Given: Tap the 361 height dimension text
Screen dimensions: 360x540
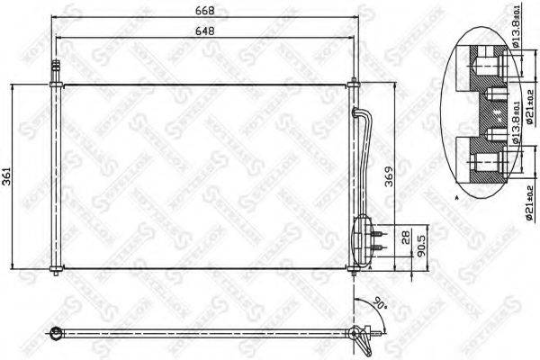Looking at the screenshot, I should point(8,176).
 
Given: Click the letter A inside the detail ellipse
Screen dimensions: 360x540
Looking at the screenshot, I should point(457,195).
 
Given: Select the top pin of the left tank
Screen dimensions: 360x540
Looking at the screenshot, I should point(56,68).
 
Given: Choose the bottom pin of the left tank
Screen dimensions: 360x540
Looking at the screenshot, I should point(56,273).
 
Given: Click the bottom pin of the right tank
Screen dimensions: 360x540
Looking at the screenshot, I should point(353,271).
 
